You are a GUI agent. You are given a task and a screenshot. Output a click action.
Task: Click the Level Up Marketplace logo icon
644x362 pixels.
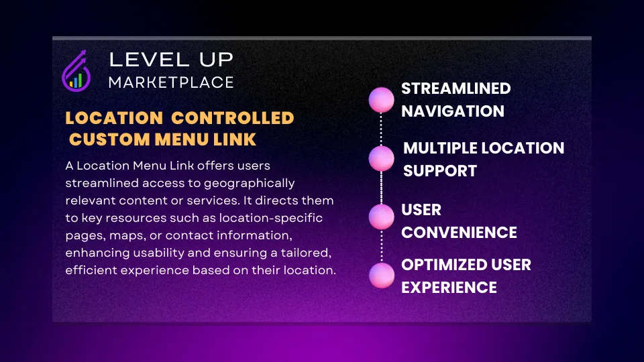(x=76, y=71)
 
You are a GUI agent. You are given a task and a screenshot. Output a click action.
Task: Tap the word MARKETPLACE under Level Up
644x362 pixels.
(x=171, y=82)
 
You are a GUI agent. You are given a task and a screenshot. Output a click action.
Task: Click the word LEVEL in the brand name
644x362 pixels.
(x=149, y=60)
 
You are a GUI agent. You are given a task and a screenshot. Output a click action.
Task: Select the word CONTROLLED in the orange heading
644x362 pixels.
(x=233, y=118)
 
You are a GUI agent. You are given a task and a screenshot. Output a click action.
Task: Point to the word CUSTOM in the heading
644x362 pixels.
(x=109, y=139)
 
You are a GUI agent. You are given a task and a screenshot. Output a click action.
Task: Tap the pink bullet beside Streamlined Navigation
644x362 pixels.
(x=381, y=100)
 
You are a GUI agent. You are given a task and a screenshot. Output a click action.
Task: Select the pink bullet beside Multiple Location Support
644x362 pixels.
(x=381, y=158)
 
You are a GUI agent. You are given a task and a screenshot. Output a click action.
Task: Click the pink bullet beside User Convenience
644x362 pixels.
(x=381, y=217)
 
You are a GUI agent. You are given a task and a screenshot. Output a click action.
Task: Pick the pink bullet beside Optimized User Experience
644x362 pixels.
(x=382, y=276)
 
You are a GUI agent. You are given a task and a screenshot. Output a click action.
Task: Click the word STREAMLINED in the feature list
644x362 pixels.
(x=456, y=88)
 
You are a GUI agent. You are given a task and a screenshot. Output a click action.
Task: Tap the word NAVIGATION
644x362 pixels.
(x=453, y=111)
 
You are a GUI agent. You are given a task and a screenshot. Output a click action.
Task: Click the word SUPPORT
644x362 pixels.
(x=440, y=171)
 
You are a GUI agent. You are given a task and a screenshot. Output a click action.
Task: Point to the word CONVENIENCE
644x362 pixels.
(x=459, y=233)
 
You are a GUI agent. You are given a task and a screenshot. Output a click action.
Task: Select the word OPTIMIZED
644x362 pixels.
(x=444, y=265)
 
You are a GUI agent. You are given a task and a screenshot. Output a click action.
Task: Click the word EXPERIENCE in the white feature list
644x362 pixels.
(x=449, y=288)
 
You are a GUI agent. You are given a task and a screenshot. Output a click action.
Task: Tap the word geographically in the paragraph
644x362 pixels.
(x=250, y=184)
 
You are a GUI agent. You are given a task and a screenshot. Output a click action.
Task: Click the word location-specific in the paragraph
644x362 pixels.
(x=270, y=218)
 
